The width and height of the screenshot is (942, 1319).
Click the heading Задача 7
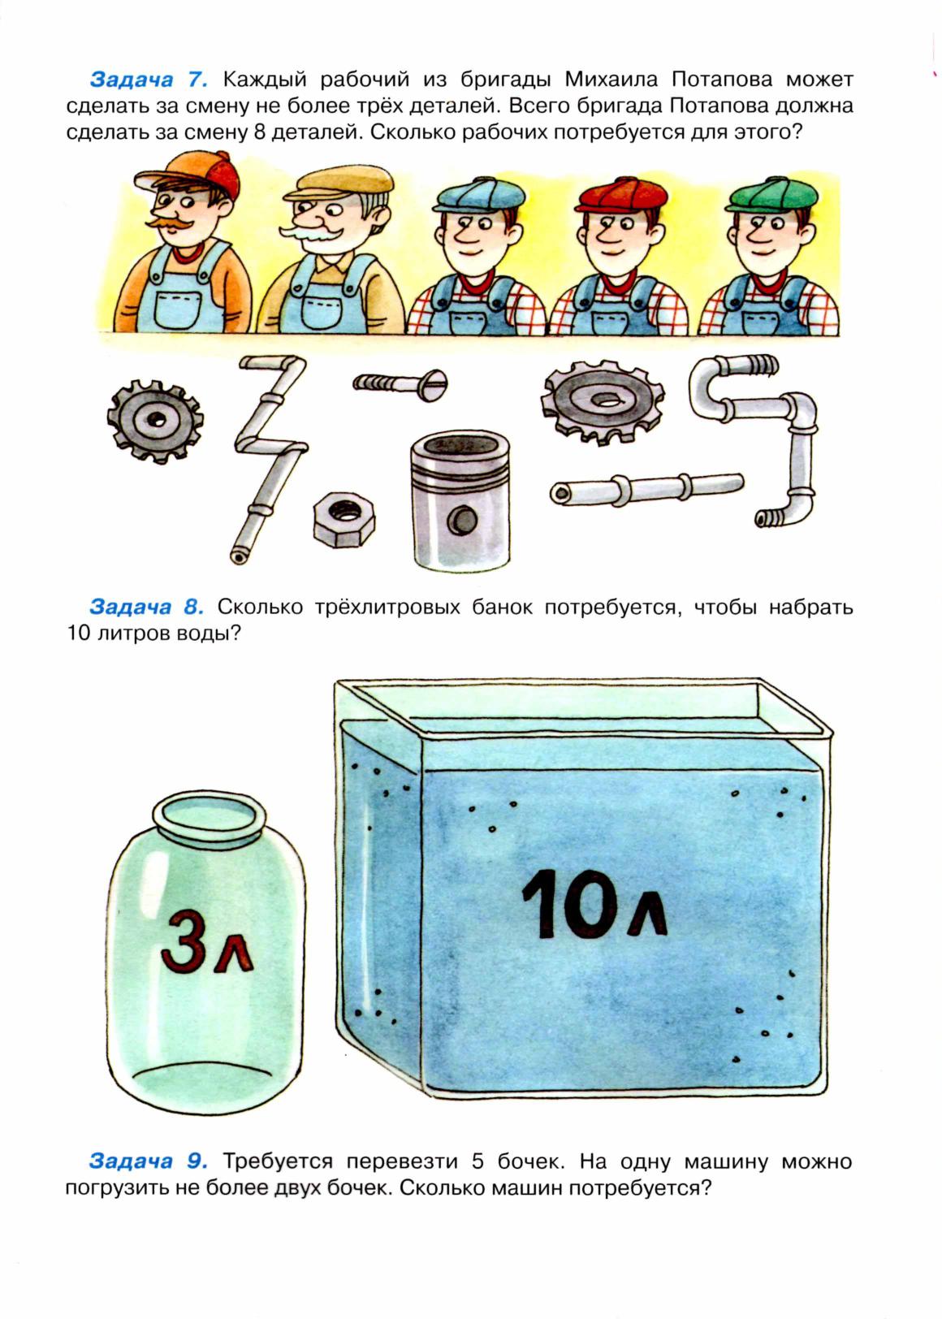148,79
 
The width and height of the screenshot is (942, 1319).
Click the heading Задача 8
147,607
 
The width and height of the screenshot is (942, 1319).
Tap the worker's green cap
771,193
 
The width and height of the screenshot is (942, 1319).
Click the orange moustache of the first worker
170,223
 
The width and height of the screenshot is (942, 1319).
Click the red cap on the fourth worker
622,194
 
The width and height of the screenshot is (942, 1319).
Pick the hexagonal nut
344,519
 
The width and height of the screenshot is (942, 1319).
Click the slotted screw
400,383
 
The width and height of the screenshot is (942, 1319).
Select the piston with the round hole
460,500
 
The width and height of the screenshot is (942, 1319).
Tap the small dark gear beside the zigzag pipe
155,421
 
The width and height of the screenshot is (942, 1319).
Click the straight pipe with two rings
646,489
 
